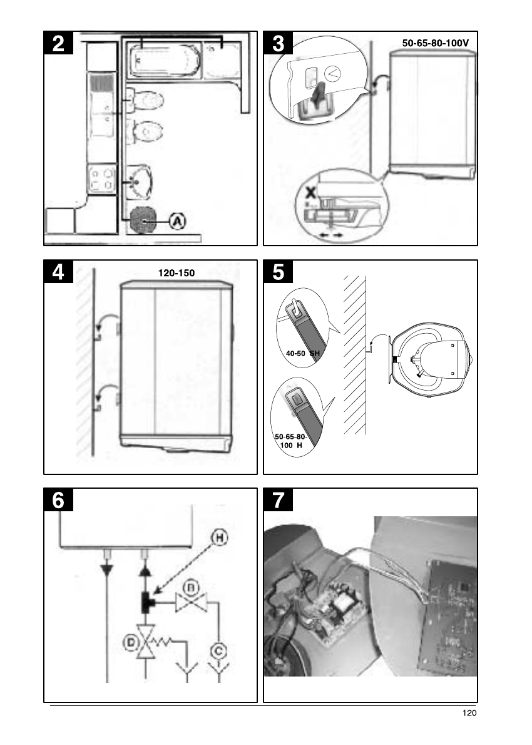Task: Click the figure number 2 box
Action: pos(58,43)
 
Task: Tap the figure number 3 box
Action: pos(278,43)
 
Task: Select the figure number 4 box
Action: pos(58,272)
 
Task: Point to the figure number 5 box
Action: pos(278,272)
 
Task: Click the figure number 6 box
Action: pos(58,500)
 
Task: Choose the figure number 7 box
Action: pos(278,500)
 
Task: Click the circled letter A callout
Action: pos(178,221)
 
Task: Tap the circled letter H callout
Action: pos(219,538)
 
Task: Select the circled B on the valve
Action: pos(192,589)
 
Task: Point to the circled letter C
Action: pos(218,651)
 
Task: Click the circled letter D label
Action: pos(130,643)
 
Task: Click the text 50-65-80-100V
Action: pos(436,43)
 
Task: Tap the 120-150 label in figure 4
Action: pos(176,273)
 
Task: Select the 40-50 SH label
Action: pos(303,354)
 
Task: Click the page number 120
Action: pos(469,712)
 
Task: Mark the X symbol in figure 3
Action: pos(310,192)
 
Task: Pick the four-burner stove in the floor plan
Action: pos(102,179)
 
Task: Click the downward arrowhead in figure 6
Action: pos(107,569)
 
